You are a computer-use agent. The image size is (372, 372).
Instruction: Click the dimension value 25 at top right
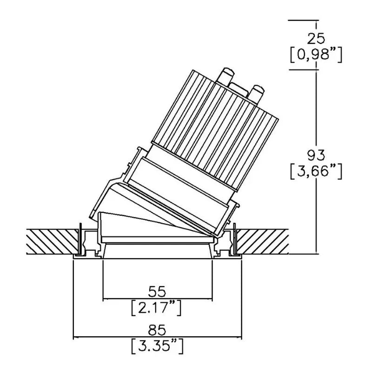click(316, 38)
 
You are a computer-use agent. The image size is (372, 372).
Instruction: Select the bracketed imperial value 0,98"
click(316, 55)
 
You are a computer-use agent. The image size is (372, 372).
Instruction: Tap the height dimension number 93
click(316, 155)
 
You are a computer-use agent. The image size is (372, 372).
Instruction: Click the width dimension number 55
click(157, 292)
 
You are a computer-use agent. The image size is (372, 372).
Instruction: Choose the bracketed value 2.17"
click(157, 308)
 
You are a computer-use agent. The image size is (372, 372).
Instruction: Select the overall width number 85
click(157, 330)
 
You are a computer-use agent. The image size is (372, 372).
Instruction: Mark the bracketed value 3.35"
click(157, 346)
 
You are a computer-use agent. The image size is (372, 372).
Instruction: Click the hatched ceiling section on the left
click(52, 241)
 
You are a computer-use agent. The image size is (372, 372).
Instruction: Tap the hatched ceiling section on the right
click(263, 241)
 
